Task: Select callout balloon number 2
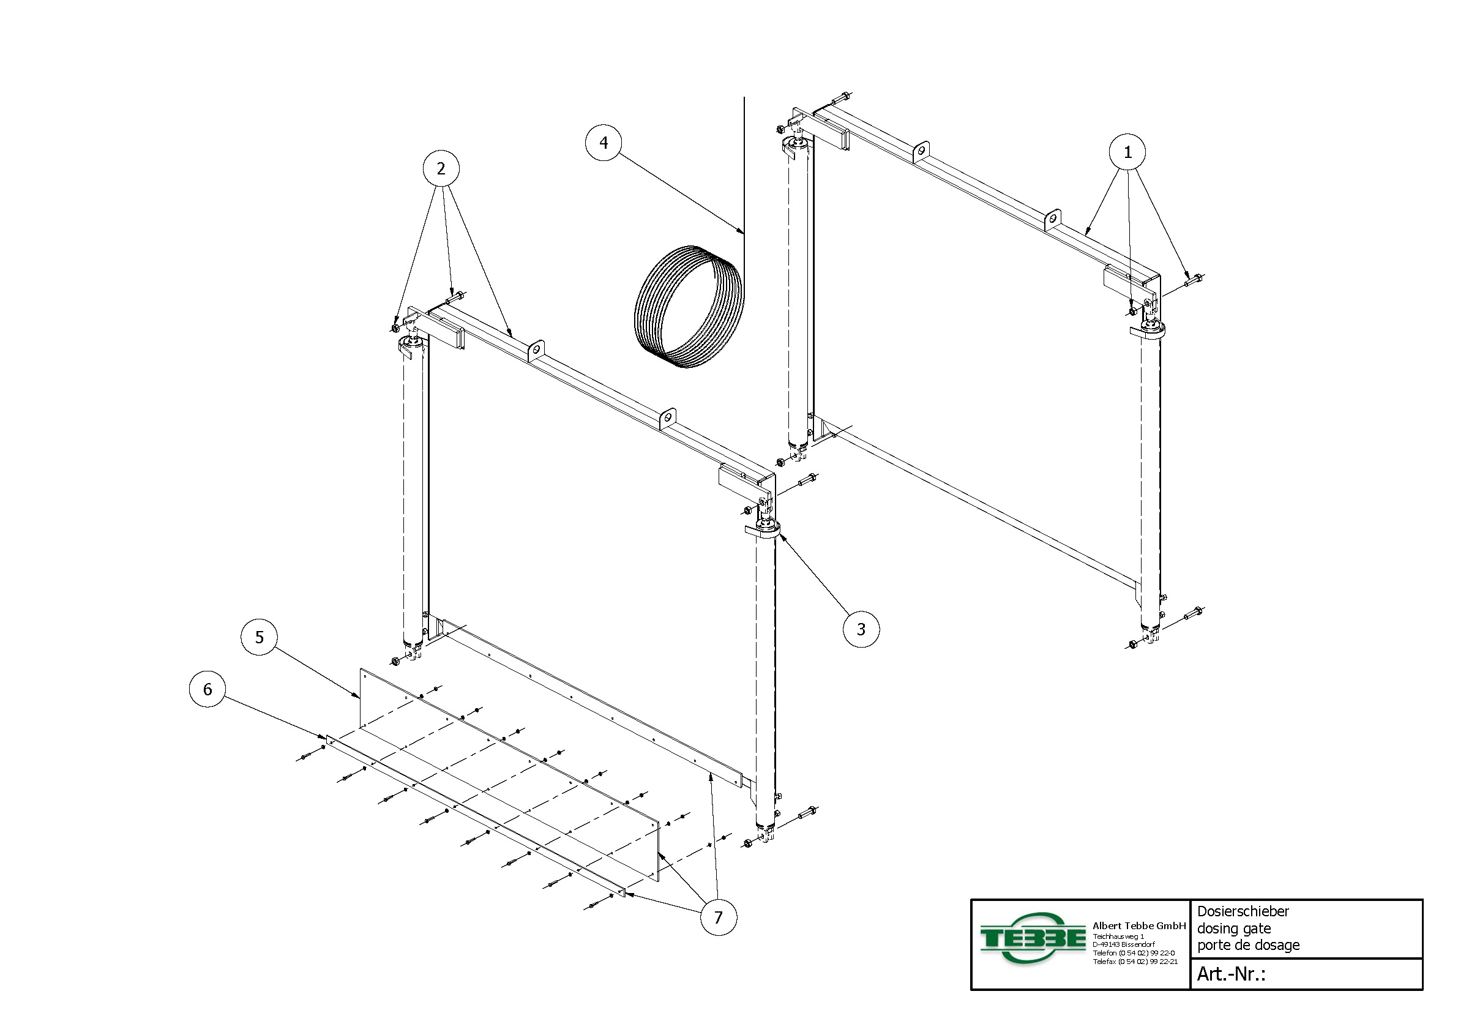click(x=441, y=168)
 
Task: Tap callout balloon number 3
click(x=861, y=629)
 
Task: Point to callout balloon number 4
click(x=604, y=143)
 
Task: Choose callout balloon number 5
click(x=259, y=637)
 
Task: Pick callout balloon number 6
click(x=207, y=689)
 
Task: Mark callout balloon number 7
click(x=718, y=917)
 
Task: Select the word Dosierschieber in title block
click(x=1243, y=911)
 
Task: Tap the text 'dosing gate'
click(x=1234, y=929)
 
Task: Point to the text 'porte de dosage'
click(x=1249, y=945)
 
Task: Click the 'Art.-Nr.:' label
click(x=1231, y=974)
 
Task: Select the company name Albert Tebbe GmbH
click(x=1139, y=925)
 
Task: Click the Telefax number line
click(x=1135, y=962)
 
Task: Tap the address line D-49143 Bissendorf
click(x=1124, y=944)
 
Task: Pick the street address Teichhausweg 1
click(x=1118, y=936)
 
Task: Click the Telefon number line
click(x=1134, y=953)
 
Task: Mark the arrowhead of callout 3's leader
click(x=780, y=535)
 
